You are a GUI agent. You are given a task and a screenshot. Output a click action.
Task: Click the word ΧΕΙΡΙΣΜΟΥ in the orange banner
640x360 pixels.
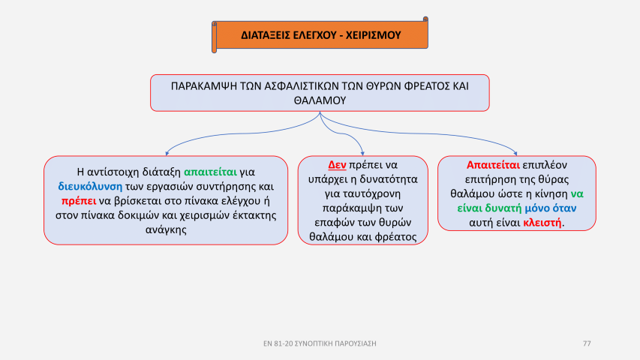[x=374, y=35]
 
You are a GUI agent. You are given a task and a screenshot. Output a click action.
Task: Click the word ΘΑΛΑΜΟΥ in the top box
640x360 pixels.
[x=320, y=100]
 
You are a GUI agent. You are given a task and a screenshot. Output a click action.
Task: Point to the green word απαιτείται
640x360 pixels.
[x=210, y=172]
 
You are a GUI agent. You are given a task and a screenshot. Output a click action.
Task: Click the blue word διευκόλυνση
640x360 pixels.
[x=90, y=187]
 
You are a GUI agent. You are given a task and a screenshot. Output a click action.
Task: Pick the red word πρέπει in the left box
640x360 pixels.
[x=79, y=201]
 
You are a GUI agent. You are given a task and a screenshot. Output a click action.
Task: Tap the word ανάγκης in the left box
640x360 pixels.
[x=166, y=229]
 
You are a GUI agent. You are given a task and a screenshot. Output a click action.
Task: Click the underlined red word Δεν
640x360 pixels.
[x=337, y=165]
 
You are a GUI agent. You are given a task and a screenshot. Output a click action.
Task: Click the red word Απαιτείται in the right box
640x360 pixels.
[x=493, y=165]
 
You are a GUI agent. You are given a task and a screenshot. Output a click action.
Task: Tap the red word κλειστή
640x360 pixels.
[x=542, y=223]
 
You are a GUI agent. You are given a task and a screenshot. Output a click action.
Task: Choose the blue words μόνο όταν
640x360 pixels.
[x=551, y=208]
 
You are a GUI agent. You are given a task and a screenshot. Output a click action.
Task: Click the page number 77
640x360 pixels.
[x=587, y=343]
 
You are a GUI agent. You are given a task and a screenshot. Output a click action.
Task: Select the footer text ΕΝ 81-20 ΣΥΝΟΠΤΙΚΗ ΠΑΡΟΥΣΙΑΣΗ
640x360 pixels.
[x=320, y=343]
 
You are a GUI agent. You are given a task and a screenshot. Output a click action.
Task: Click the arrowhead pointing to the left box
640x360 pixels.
[x=167, y=154]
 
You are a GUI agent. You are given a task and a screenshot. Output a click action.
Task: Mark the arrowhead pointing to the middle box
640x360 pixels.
[x=362, y=154]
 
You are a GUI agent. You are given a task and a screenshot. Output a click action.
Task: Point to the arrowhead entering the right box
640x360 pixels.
[x=516, y=154]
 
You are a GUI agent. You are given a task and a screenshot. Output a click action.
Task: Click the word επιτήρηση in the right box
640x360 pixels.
[x=488, y=179]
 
